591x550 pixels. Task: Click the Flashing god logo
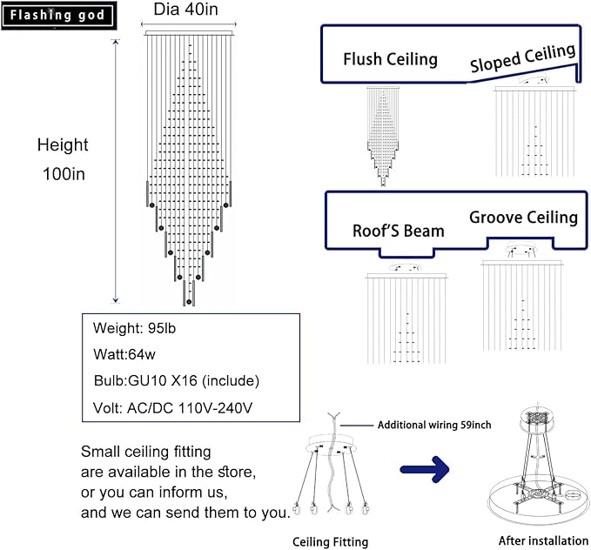[58, 16]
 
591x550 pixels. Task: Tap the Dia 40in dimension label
[185, 9]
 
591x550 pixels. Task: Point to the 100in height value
[64, 174]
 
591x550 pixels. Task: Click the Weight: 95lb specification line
[134, 328]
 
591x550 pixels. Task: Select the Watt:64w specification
[124, 354]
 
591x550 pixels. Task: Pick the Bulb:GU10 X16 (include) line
[177, 381]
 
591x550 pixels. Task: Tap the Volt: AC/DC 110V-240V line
[172, 408]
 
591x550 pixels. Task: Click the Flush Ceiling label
[390, 59]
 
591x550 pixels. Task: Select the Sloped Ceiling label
[523, 57]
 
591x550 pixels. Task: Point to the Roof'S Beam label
[399, 231]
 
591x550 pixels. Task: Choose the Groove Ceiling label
[523, 218]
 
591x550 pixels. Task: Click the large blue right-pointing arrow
[425, 469]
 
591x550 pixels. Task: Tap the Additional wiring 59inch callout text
[434, 425]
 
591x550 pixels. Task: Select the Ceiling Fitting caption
[330, 542]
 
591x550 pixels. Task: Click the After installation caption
[543, 540]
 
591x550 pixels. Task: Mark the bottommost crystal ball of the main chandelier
[189, 302]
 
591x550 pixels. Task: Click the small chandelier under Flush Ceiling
[383, 136]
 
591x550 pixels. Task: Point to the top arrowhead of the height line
[116, 41]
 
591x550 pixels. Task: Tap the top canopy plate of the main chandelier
[189, 33]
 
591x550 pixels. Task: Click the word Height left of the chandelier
[63, 145]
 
